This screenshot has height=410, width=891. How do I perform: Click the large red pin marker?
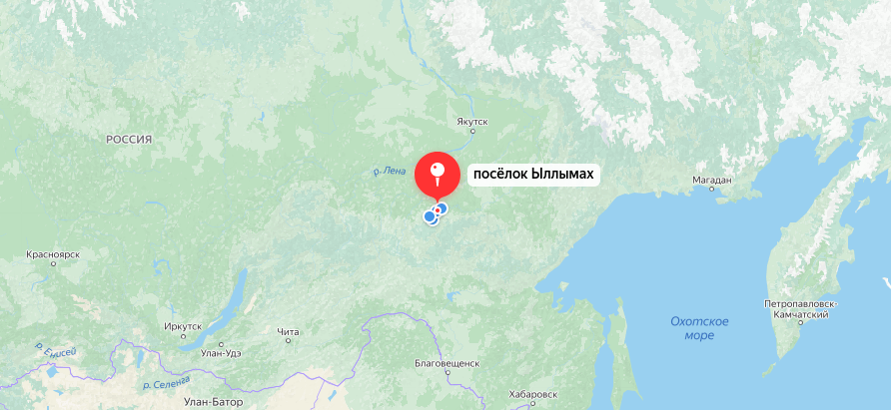(438, 175)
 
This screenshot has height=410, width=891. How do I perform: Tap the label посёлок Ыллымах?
(533, 175)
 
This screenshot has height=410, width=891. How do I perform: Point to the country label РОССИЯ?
(129, 141)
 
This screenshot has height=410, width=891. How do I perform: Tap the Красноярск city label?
(54, 255)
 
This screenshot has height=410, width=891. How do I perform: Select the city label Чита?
(288, 331)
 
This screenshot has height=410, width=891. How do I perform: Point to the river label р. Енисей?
(55, 350)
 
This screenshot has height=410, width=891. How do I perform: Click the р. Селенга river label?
(166, 384)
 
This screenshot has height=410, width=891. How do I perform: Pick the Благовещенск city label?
(447, 362)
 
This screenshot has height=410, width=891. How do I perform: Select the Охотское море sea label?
(699, 328)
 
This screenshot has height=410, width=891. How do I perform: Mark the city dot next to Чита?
(288, 341)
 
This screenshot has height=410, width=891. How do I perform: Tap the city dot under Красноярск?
(55, 265)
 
